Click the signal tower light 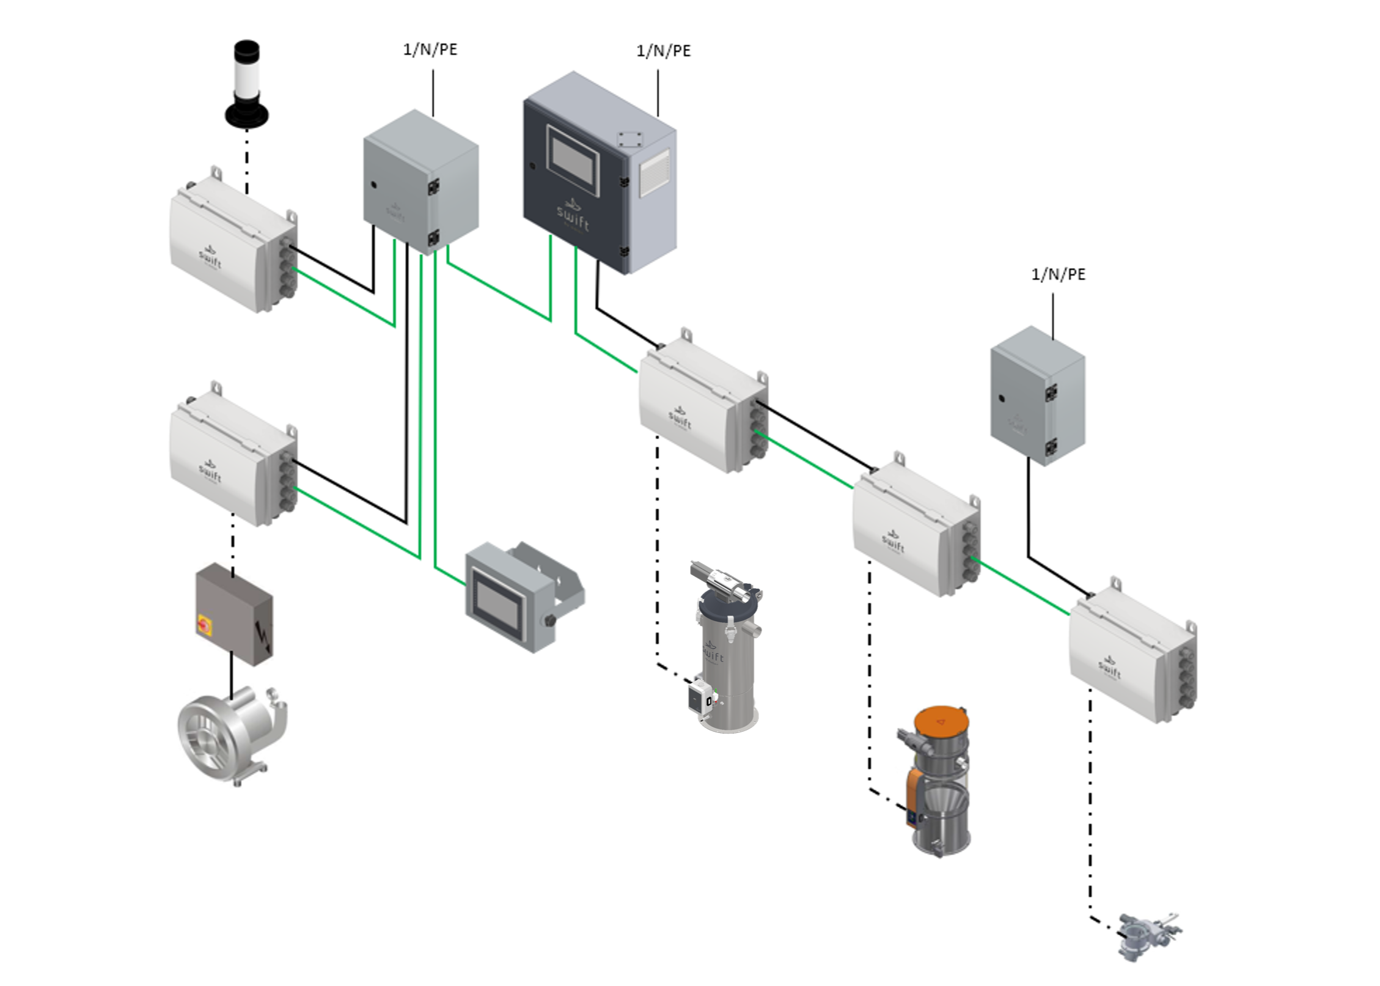click(247, 85)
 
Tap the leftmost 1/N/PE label click(430, 50)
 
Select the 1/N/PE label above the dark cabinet click(663, 51)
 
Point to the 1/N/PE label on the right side click(1058, 275)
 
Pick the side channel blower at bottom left click(229, 734)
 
